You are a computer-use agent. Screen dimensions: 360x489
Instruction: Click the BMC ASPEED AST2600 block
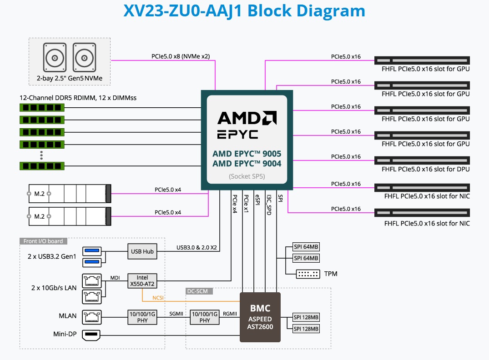pos(260,317)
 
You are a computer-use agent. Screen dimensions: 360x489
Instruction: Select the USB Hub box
pos(142,251)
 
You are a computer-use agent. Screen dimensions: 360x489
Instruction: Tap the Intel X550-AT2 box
pos(142,280)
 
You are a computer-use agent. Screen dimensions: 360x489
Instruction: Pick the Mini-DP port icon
pos(91,335)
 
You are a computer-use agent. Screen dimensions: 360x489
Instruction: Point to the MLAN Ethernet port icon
pos(91,315)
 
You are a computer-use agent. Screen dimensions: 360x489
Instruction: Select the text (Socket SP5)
pos(247,176)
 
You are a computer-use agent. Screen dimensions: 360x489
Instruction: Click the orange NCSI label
pos(158,298)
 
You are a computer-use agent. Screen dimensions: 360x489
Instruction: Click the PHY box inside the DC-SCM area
pos(205,317)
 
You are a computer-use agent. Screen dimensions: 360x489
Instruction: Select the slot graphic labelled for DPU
pos(422,160)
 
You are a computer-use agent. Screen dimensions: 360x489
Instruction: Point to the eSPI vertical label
pos(257,202)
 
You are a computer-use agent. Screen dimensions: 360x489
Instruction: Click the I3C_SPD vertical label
pos(269,205)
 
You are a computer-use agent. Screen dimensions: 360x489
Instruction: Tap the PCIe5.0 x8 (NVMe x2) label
pos(181,57)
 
